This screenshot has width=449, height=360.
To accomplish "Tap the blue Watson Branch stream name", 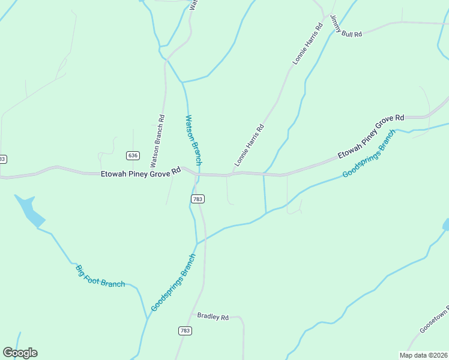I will coord(193,140).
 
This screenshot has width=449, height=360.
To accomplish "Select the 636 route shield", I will coord(133,155).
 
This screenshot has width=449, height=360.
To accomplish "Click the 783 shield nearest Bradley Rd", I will coord(185,331).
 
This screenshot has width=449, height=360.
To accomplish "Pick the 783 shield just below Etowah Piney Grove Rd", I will coord(197,199).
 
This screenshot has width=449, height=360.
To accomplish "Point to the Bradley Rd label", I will coord(213,316).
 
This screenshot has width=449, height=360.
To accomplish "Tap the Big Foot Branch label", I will coord(100,275).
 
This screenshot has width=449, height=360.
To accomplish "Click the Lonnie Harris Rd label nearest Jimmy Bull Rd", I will coord(308,44).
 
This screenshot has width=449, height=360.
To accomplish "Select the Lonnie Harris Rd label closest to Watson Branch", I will coord(249,145).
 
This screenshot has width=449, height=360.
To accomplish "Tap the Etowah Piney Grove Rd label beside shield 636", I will coord(140,172).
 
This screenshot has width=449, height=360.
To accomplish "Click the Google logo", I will coord(20,353).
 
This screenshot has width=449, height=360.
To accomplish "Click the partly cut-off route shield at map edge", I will coord(2,159).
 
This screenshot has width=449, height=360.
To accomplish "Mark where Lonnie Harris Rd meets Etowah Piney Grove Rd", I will coord(233,174).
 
